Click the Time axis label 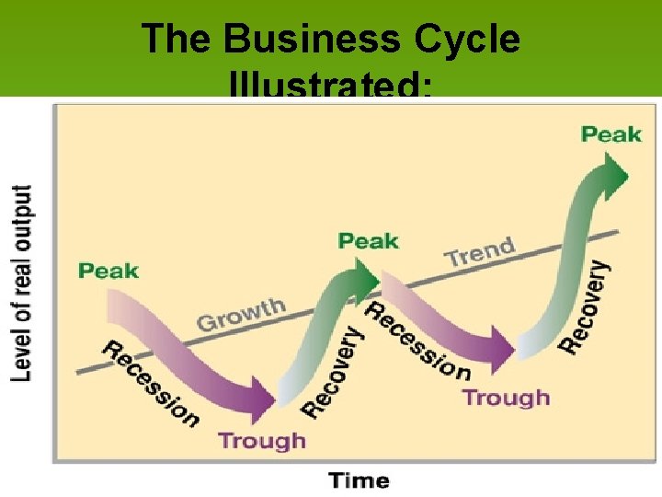(359, 480)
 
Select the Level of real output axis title (22, 283)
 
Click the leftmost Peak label (108, 271)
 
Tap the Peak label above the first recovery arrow (369, 241)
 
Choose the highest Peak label (611, 134)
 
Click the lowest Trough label (262, 440)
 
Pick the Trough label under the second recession (506, 398)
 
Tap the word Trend (480, 251)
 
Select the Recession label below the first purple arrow (150, 384)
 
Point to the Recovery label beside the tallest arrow (584, 306)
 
